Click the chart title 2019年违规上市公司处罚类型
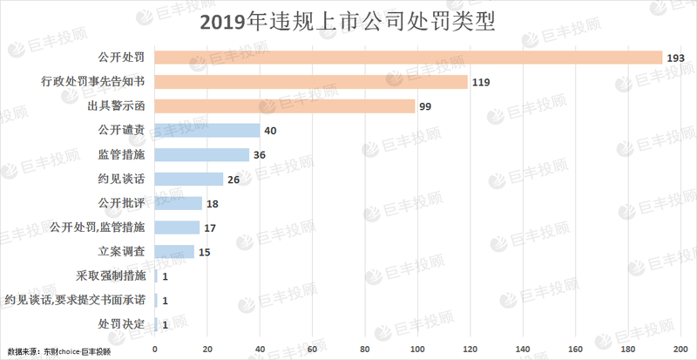click(348, 21)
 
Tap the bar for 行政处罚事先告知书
click(311, 82)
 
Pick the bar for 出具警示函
click(285, 106)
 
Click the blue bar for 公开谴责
click(207, 131)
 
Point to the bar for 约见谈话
click(189, 179)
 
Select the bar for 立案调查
click(174, 252)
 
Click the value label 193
click(677, 58)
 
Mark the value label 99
click(426, 106)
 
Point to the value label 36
click(259, 155)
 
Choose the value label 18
click(212, 203)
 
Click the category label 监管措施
click(121, 155)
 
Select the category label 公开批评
click(121, 203)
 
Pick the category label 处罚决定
click(121, 325)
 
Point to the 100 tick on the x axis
click(417, 349)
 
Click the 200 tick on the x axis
click(680, 349)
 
